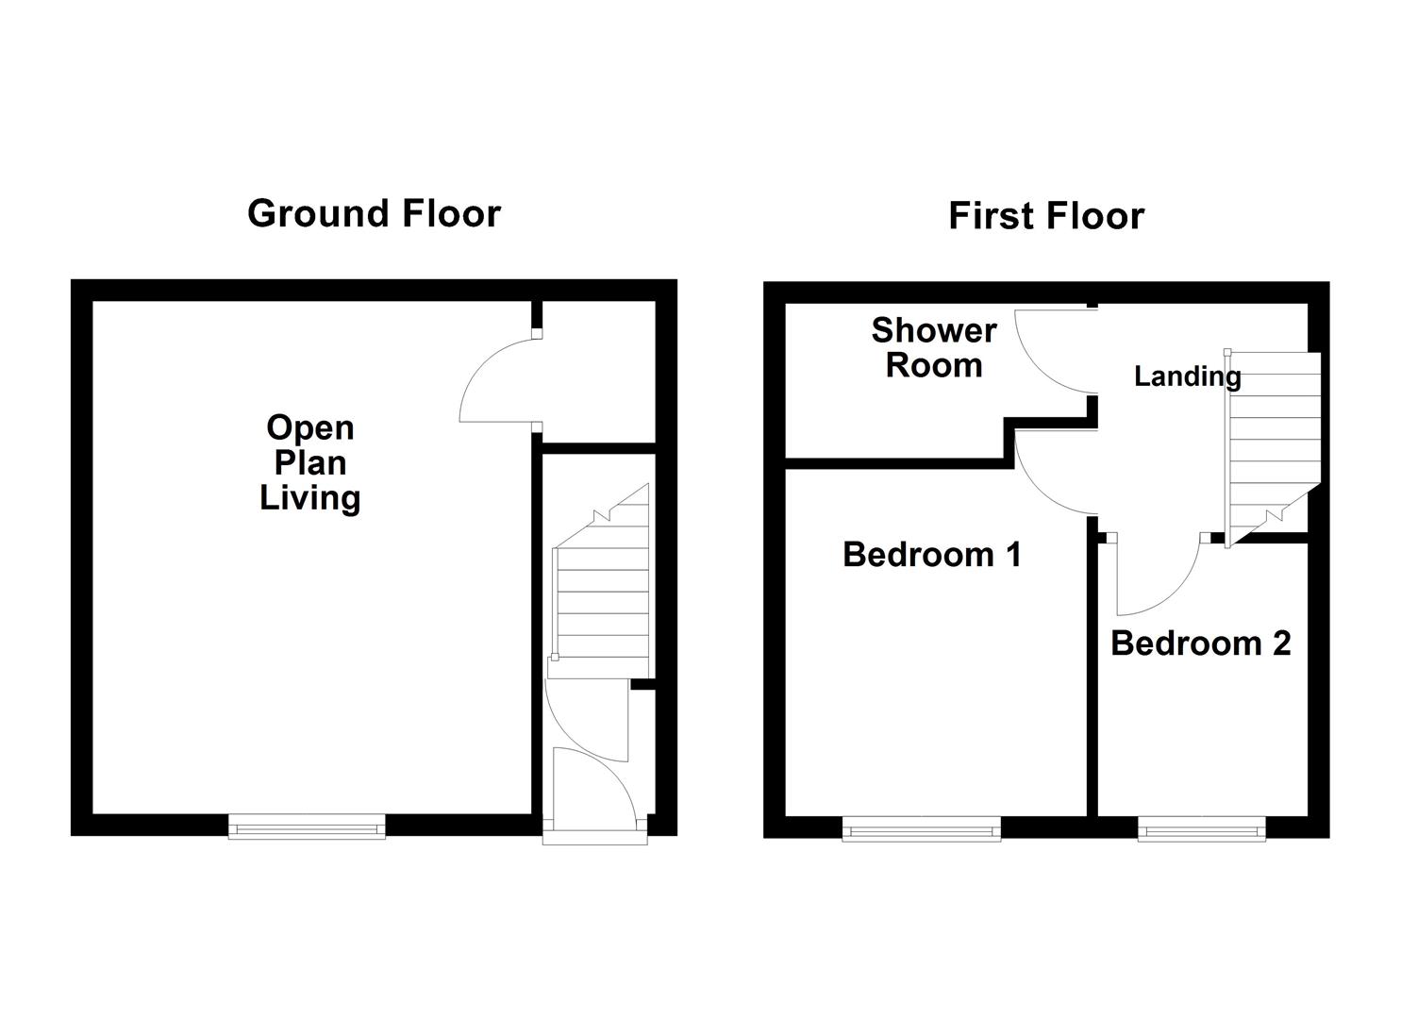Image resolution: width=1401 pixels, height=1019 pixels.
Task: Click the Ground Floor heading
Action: pyautogui.click(x=374, y=214)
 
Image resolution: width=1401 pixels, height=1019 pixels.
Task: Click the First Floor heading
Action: pyautogui.click(x=1045, y=216)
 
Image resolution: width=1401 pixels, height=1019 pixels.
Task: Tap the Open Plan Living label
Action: pyautogui.click(x=310, y=462)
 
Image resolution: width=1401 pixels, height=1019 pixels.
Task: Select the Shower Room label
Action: pyautogui.click(x=933, y=347)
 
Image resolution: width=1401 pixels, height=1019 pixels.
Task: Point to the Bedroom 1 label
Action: pyautogui.click(x=932, y=554)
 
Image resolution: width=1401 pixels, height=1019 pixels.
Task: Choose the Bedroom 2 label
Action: pyautogui.click(x=1200, y=643)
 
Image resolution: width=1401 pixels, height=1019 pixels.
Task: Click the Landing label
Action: pyautogui.click(x=1187, y=376)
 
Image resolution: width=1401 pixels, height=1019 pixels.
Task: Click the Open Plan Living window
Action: pyautogui.click(x=307, y=827)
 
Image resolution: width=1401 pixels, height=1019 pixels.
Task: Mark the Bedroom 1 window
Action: pyautogui.click(x=921, y=829)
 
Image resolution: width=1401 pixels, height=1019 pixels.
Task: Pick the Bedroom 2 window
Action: pyautogui.click(x=1200, y=829)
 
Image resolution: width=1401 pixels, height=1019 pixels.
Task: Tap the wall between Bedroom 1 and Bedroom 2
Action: pyautogui.click(x=1092, y=679)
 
